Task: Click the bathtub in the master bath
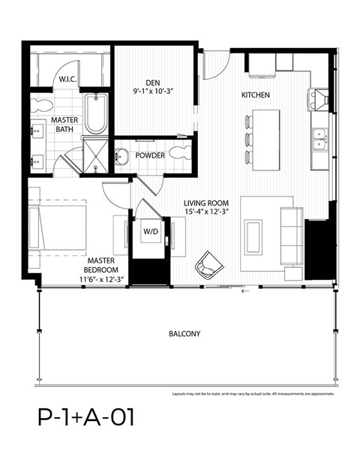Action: [x=96, y=113]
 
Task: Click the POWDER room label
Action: [x=150, y=156]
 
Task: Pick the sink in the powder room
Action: [x=122, y=157]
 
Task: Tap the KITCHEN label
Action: [x=255, y=95]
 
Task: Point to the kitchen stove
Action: [x=319, y=98]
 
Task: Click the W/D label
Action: [x=150, y=232]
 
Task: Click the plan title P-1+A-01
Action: [x=86, y=416]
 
